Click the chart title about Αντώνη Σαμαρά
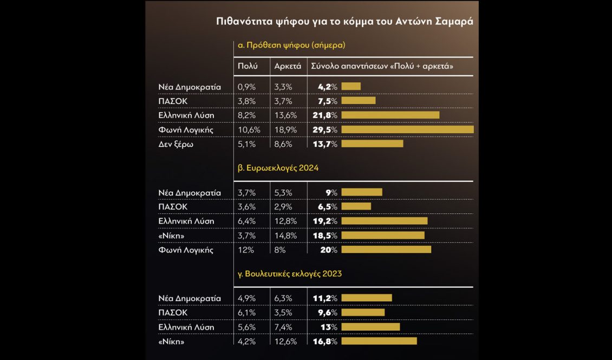[x=344, y=22]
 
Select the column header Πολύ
[x=248, y=66]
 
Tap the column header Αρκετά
[x=288, y=66]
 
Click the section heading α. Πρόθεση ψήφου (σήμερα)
[x=291, y=45]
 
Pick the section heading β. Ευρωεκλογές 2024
[x=278, y=168]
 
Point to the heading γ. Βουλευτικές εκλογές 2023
[x=290, y=274]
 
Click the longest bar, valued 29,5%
[x=407, y=129]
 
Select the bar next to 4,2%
[x=351, y=87]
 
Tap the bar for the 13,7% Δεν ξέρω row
[x=373, y=144]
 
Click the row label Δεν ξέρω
[x=175, y=145]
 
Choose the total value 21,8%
[x=325, y=115]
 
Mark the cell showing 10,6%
[x=249, y=130]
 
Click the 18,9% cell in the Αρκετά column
[x=285, y=130]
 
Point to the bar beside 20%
[x=386, y=250]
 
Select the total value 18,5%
[x=325, y=235]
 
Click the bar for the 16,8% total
[x=379, y=341]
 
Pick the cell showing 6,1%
[x=246, y=313]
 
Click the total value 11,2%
[x=325, y=298]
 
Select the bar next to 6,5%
[x=356, y=206]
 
